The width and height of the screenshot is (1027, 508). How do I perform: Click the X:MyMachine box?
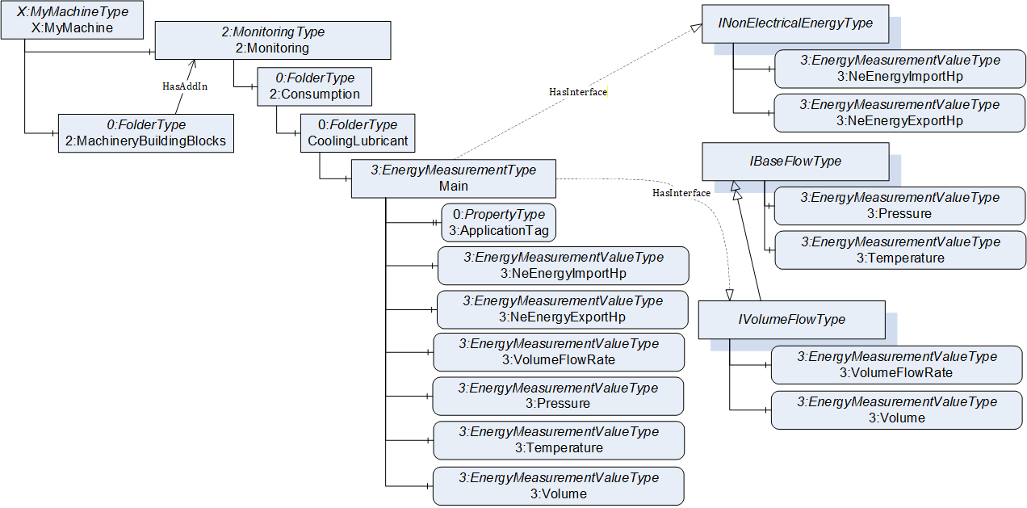(72, 19)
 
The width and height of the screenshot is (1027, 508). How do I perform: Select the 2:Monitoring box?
(273, 40)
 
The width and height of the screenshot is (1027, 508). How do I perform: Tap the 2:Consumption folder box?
(315, 86)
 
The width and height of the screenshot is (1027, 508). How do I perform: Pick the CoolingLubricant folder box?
(358, 133)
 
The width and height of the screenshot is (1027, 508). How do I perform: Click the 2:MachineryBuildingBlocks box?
(146, 133)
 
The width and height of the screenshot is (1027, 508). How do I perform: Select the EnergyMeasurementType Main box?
(454, 178)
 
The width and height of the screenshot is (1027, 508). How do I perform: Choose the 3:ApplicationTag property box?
(498, 222)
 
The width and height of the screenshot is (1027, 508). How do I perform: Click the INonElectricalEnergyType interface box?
(795, 24)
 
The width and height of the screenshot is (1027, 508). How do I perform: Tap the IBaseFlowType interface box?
(795, 162)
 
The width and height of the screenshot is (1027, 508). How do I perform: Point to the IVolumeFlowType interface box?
(792, 320)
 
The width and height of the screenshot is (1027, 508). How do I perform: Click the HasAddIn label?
(185, 86)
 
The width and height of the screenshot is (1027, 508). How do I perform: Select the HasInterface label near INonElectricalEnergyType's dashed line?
(578, 92)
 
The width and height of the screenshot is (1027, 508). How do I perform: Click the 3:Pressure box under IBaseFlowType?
(899, 205)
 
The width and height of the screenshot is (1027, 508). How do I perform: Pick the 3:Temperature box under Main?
(559, 440)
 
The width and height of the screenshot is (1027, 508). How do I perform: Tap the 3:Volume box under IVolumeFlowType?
(896, 410)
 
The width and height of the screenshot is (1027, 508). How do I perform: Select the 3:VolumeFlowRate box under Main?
(559, 352)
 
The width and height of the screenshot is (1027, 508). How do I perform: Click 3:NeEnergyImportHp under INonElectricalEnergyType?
(899, 69)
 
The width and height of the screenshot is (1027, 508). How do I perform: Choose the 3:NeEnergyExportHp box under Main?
(562, 309)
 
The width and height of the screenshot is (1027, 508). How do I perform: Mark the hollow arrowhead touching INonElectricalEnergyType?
(697, 28)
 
